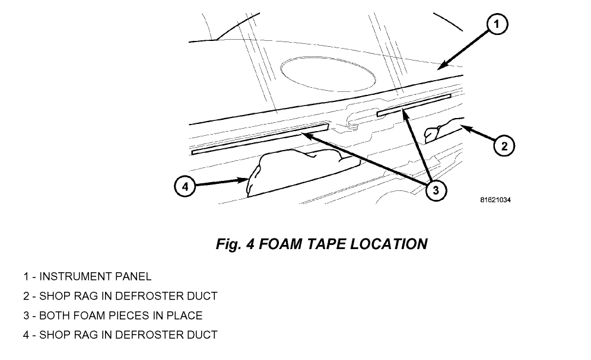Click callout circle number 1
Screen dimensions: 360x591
(x=497, y=25)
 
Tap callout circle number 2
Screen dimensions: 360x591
(x=504, y=145)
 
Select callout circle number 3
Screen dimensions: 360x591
(x=436, y=190)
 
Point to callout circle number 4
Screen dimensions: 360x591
(x=185, y=187)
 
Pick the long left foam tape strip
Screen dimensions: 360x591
(x=260, y=139)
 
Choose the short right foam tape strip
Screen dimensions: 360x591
(x=414, y=104)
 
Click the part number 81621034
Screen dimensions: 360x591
(x=495, y=200)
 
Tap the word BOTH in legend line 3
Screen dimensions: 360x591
(x=54, y=316)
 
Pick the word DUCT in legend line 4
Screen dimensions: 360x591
(x=202, y=335)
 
